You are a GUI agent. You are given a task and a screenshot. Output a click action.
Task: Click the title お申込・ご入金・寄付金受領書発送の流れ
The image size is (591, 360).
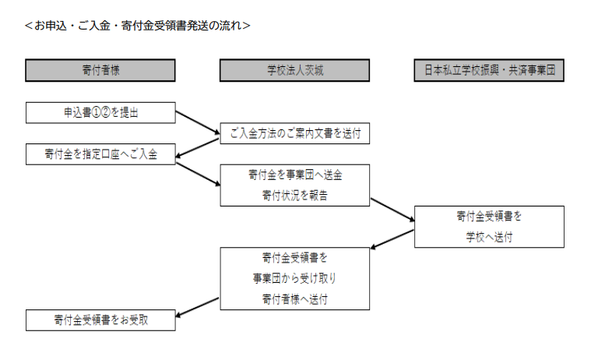pos(138,26)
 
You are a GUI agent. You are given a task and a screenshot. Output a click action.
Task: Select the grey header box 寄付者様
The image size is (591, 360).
pos(100,70)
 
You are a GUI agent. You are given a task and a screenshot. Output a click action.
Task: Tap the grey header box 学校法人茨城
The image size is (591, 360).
pos(295,70)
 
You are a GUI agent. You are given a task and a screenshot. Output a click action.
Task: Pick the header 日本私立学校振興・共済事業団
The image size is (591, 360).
pos(489,70)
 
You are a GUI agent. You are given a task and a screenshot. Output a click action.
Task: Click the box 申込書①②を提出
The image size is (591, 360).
pos(100,112)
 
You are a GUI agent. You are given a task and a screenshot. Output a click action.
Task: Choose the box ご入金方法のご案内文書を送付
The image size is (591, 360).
pos(295,133)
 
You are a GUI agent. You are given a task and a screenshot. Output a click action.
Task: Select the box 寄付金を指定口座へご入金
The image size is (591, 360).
pos(100,154)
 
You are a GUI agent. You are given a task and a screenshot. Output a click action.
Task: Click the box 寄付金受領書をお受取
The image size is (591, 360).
pos(100,320)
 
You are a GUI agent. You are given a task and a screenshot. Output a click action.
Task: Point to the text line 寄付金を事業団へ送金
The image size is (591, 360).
pos(295,175)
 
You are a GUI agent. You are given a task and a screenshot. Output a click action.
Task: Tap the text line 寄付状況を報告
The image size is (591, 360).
pos(295,196)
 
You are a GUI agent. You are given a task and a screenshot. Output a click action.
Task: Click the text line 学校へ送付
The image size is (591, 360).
pos(489,237)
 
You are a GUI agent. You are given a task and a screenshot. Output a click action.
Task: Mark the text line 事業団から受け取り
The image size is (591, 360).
pos(295,278)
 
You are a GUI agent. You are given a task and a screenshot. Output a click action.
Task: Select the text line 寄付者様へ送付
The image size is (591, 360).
pos(295,299)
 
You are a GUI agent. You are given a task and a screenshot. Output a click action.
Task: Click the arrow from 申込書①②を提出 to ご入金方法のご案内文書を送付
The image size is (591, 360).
pos(198,122)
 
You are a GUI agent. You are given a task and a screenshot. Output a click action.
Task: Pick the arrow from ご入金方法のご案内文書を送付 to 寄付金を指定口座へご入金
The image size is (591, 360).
pos(198,148)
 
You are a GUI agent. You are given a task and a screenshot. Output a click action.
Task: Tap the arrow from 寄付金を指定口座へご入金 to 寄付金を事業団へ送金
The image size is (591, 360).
pos(199,174)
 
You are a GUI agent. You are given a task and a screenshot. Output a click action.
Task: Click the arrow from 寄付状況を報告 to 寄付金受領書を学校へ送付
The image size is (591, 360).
pos(392,210)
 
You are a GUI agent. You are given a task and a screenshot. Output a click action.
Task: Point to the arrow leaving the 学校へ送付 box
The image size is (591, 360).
pos(392,239)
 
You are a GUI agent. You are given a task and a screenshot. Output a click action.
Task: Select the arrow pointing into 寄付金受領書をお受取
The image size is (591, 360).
pos(198,308)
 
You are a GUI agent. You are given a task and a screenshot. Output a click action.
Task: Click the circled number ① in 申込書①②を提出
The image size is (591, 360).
pos(97,112)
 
